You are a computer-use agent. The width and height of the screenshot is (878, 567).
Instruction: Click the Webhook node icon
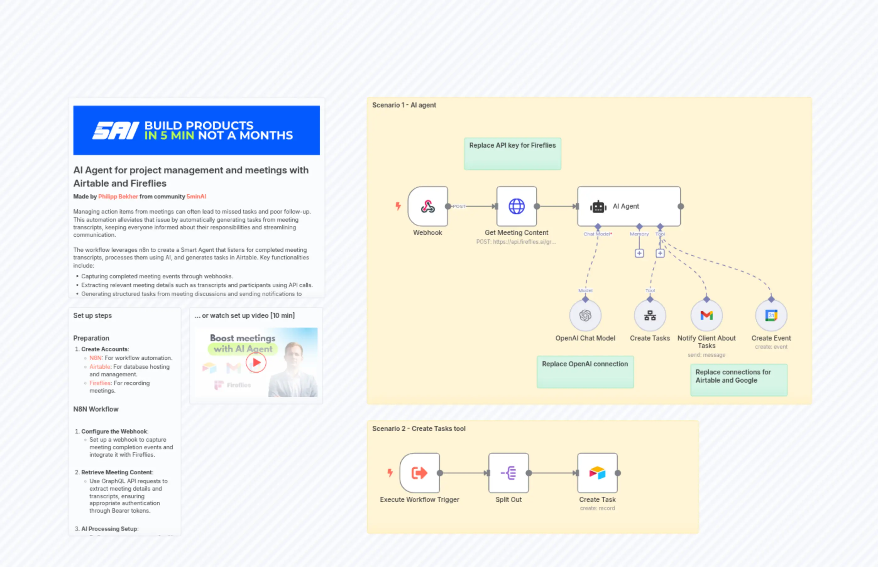428,206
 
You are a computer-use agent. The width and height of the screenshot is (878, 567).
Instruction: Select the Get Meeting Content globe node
516,206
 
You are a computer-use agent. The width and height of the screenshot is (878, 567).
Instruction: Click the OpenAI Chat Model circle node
585,315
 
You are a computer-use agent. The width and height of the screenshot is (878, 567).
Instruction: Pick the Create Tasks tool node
650,315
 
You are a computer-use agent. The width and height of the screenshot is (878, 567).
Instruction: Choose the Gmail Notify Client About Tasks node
706,315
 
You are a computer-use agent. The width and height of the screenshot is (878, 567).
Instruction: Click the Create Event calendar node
771,315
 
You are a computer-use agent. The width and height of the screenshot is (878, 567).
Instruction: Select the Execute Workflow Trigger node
420,473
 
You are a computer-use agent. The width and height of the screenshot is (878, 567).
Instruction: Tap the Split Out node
508,473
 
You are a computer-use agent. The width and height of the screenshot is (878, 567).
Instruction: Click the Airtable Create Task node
597,473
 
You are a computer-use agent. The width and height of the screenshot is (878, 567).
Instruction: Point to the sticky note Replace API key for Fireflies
512,154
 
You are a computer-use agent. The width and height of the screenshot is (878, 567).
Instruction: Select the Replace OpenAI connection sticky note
585,372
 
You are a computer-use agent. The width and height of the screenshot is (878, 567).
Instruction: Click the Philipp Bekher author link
118,197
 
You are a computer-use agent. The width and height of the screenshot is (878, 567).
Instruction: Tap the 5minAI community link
196,197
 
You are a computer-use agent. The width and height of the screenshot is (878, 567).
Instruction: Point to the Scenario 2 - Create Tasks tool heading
419,428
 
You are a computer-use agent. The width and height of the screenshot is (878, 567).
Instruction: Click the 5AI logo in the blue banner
116,131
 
